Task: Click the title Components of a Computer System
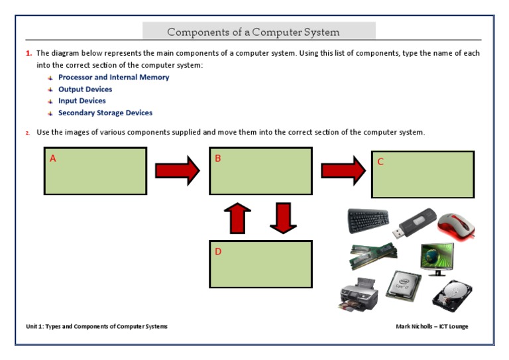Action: point(253,32)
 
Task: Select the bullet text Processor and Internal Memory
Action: point(113,78)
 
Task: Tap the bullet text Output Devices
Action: point(85,90)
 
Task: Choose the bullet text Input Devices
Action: point(82,101)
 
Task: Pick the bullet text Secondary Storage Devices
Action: point(105,113)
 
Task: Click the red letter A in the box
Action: point(53,158)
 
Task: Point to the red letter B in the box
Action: point(217,158)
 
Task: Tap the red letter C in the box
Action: point(380,162)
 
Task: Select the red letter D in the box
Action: point(218,252)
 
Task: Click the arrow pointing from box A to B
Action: point(177,171)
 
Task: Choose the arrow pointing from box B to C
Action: point(342,171)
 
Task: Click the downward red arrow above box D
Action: point(283,218)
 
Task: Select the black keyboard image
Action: point(368,220)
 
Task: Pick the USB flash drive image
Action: point(416,223)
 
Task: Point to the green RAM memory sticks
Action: point(373,255)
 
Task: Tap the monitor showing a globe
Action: point(437,259)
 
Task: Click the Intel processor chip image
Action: point(404,287)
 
